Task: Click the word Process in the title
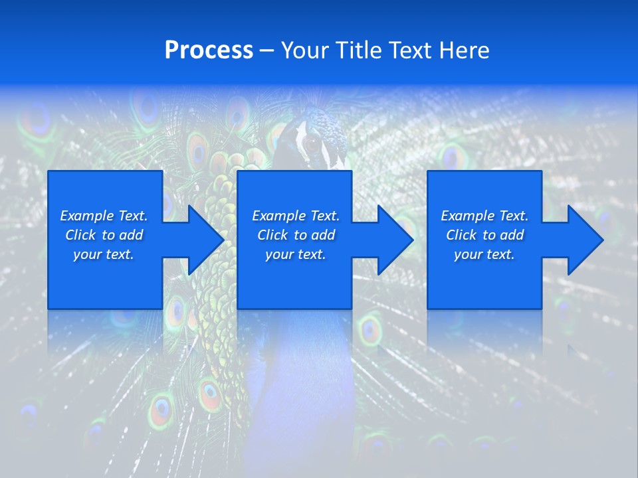209,50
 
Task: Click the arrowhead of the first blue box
203,240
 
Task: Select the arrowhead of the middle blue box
393,240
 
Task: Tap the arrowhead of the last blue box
583,240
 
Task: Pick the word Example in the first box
86,216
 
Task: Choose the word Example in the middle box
278,216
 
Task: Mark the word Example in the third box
467,216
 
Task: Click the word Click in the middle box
272,235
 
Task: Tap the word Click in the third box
461,235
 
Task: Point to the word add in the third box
512,235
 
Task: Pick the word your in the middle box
279,255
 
